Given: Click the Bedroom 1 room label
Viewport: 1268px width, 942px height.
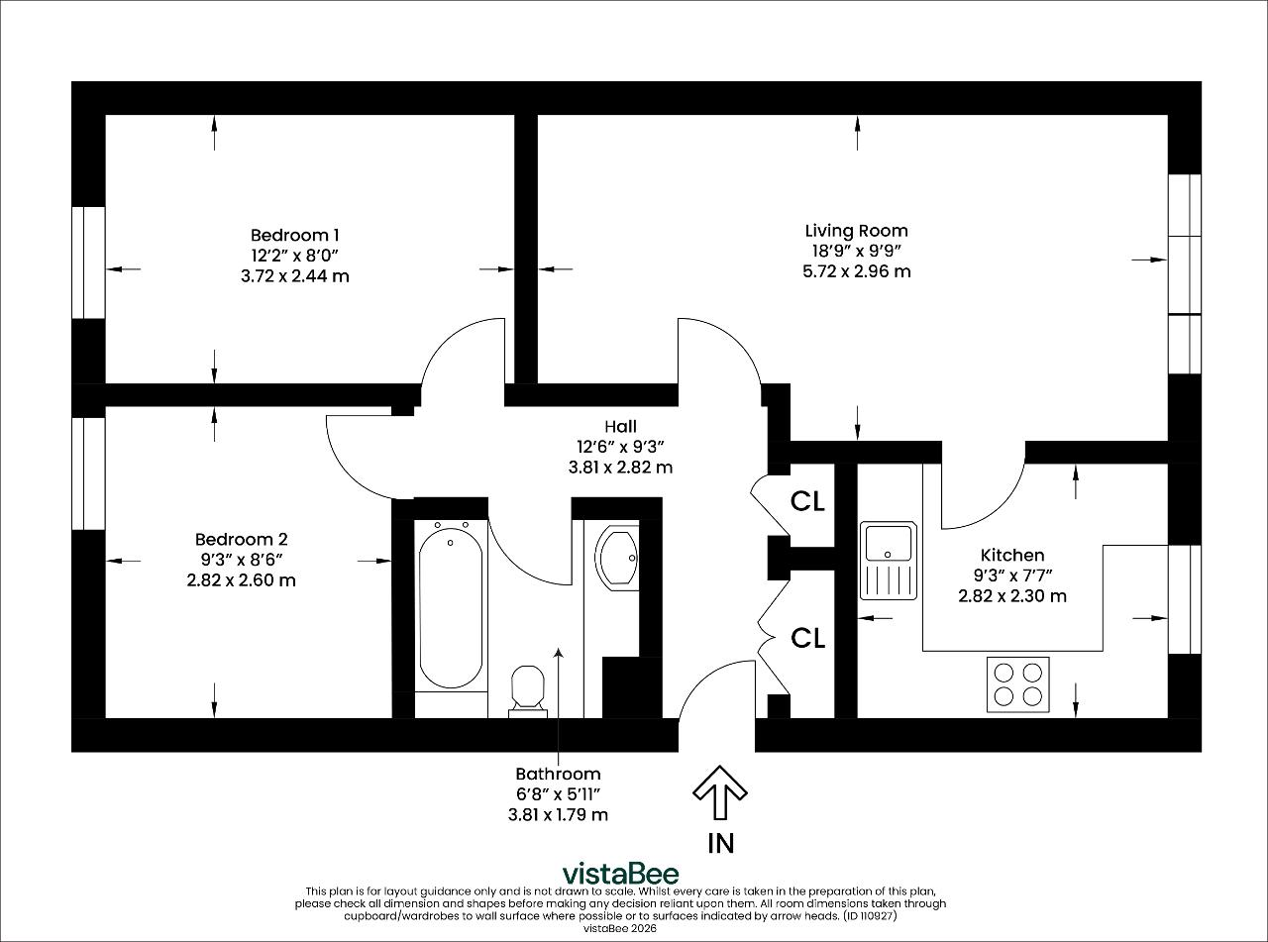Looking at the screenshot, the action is (295, 235).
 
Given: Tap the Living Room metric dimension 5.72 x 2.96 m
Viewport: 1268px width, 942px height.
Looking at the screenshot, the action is (856, 271).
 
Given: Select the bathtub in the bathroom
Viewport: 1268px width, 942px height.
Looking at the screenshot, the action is (451, 607).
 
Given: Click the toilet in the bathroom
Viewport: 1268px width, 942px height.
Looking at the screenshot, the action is (528, 691).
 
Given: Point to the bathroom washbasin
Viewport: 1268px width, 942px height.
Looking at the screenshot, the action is (617, 558).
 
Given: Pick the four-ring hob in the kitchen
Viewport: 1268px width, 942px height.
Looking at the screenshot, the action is (1018, 684).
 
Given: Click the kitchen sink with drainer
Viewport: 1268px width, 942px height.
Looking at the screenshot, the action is (889, 561).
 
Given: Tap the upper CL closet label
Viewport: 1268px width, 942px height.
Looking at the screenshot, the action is (807, 502).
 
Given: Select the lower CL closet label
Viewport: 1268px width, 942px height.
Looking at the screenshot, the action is (807, 638).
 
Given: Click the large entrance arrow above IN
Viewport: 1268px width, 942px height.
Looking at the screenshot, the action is (720, 792).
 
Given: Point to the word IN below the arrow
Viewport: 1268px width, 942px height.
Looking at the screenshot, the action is (720, 844).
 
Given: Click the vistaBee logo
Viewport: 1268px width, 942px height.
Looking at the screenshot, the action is (621, 874).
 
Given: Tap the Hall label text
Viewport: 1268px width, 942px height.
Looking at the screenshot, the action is (620, 426).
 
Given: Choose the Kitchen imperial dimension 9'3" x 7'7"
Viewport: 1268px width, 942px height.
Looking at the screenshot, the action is (1012, 576).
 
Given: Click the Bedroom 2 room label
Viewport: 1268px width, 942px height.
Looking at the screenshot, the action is (242, 539).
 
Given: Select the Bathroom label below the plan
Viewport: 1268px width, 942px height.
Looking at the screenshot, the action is (558, 774).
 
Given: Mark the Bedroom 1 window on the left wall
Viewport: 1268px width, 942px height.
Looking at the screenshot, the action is (88, 262).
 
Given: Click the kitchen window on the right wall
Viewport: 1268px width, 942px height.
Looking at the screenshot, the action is (1184, 599).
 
